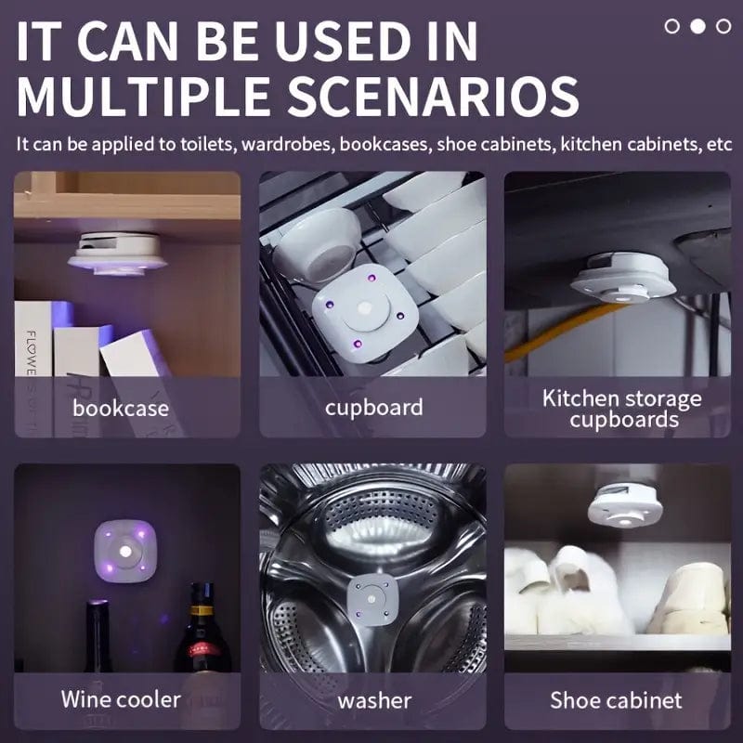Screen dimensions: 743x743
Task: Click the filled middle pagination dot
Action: pyautogui.click(x=697, y=26)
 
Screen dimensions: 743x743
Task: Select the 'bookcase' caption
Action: pyautogui.click(x=121, y=408)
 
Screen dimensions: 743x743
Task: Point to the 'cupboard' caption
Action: pyautogui.click(x=373, y=408)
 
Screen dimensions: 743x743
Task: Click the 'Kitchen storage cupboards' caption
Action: pyautogui.click(x=622, y=410)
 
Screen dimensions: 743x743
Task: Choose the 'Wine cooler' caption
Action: pyautogui.click(x=121, y=699)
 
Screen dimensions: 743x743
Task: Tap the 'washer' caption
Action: pyautogui.click(x=374, y=699)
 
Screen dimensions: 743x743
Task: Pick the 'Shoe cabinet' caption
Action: pyautogui.click(x=616, y=699)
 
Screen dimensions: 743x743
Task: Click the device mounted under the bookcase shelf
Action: pyautogui.click(x=117, y=252)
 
